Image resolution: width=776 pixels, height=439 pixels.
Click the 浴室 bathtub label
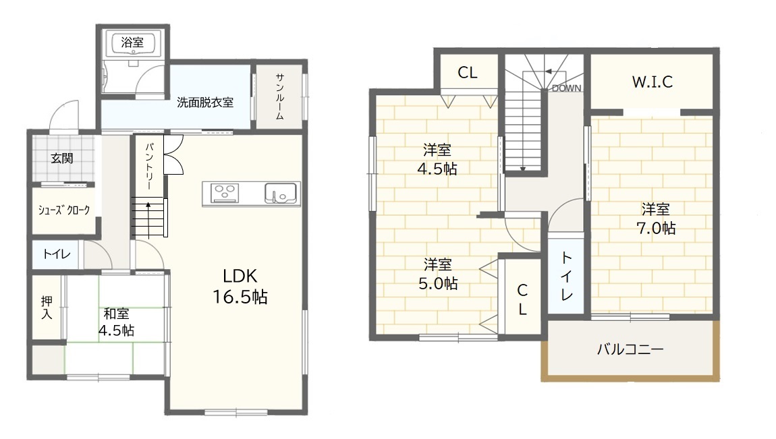pos(133,42)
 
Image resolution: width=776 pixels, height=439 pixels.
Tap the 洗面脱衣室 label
pos(205,103)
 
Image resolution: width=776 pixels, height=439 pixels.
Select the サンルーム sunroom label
pos(280,97)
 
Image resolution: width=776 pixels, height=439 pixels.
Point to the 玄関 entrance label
pos(62,158)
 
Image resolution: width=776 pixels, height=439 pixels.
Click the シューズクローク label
pos(64,210)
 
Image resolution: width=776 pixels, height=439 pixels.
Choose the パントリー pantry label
pos(150,167)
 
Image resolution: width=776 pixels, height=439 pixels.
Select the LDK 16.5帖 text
pos(240,286)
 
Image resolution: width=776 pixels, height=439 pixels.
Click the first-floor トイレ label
pos(57,254)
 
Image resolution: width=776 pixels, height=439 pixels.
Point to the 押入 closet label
pos(47,307)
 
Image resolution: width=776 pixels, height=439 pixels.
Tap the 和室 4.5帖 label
pos(116,322)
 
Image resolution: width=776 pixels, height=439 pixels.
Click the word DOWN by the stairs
pos(567,88)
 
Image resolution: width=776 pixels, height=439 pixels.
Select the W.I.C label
pos(653,82)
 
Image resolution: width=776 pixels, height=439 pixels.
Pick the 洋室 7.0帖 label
pos(656,218)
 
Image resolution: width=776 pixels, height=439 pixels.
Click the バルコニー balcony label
pos(630,349)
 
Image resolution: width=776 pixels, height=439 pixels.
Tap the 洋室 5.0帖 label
pos(438,274)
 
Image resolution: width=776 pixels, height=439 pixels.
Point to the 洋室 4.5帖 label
pos(437,159)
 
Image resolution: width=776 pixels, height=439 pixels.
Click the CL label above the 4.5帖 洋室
pos(468,73)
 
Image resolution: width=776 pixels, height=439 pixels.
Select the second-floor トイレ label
pos(567,276)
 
